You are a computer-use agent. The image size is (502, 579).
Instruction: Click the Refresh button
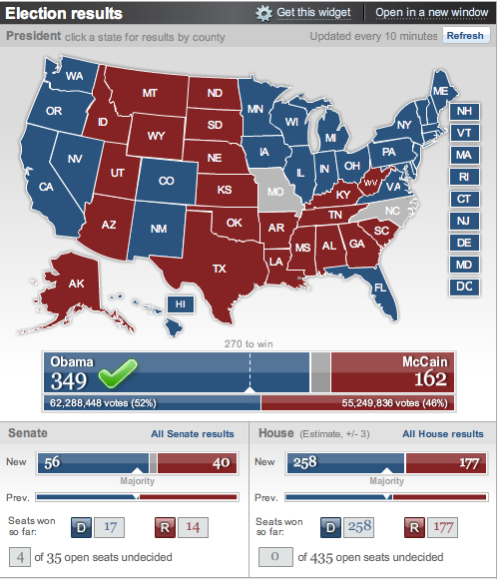465,36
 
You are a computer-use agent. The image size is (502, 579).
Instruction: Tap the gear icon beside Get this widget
263,13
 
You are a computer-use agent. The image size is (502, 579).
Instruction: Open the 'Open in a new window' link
432,13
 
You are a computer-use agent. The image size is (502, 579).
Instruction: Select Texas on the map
220,268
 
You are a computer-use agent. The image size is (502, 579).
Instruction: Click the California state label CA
46,187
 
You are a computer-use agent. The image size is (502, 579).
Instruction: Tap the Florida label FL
378,288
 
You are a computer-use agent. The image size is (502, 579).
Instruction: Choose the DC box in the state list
462,287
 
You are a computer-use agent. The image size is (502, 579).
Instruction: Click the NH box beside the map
462,112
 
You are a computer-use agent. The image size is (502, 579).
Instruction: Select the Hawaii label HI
181,303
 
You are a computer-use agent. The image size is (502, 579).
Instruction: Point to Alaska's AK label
77,284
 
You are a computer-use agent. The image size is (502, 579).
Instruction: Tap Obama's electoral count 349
70,379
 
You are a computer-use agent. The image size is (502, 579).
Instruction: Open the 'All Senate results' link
193,434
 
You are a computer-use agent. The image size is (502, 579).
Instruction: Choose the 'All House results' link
442,434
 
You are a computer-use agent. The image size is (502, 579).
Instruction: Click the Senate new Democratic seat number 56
51,463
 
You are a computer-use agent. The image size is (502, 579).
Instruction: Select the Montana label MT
151,93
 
